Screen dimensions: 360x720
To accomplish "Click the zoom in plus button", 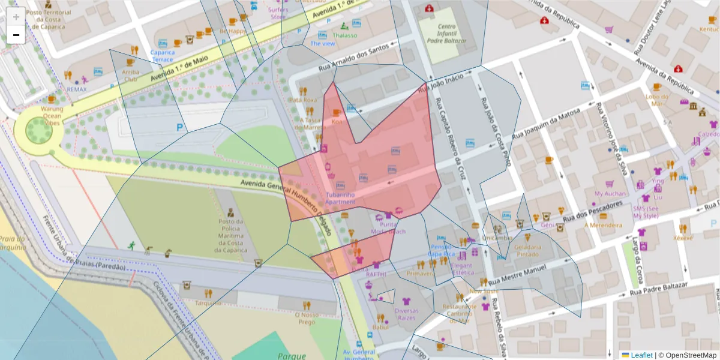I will [16, 17].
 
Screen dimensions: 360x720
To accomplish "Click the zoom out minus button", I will [16, 35].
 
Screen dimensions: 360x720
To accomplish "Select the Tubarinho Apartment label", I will [340, 198].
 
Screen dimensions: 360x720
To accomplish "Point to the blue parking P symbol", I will [179, 127].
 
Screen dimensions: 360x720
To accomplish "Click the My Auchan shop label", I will [610, 194].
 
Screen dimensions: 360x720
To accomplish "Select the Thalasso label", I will [344, 35].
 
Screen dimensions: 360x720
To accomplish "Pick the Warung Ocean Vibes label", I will [52, 115].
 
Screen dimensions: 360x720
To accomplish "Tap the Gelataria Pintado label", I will [527, 250].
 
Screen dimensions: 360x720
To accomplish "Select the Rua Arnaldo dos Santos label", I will [358, 56].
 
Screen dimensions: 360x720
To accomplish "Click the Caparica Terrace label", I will [163, 56].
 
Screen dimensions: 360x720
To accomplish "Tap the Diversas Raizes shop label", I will [406, 314].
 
